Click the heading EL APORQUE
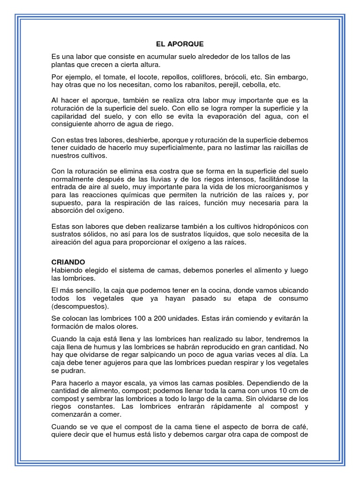[180, 44]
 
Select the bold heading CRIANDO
[68, 262]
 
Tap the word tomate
[117, 77]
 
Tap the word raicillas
[285, 148]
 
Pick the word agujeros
[113, 362]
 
